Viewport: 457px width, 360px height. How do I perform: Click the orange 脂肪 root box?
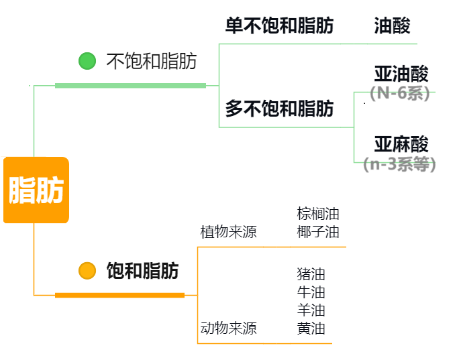pos(36,190)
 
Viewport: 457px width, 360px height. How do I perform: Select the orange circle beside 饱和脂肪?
pos(87,271)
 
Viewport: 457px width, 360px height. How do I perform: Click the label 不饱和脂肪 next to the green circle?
pos(152,62)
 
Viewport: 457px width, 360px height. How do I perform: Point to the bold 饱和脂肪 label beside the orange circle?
pos(143,271)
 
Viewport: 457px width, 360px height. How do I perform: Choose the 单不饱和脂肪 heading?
pos(279,26)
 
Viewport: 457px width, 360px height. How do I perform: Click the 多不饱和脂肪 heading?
pos(279,109)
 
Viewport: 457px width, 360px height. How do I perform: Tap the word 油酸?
pos(392,26)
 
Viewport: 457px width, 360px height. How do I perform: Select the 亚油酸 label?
pos(401,74)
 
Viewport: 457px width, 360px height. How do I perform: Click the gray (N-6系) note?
pos(400,93)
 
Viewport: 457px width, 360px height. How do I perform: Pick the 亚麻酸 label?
pos(401,144)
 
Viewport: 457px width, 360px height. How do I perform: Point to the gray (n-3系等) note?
pos(399,164)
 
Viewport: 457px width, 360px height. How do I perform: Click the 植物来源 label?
pos(228,233)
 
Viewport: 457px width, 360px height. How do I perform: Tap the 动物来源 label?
pos(228,328)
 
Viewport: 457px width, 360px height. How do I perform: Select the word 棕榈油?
pos(318,214)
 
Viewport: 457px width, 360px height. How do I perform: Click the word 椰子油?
pos(318,233)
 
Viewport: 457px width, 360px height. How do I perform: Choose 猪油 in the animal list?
pos(311,274)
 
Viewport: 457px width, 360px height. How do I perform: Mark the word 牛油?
pos(311,292)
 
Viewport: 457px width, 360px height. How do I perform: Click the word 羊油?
pos(311,310)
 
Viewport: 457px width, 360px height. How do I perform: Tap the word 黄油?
pos(311,328)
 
